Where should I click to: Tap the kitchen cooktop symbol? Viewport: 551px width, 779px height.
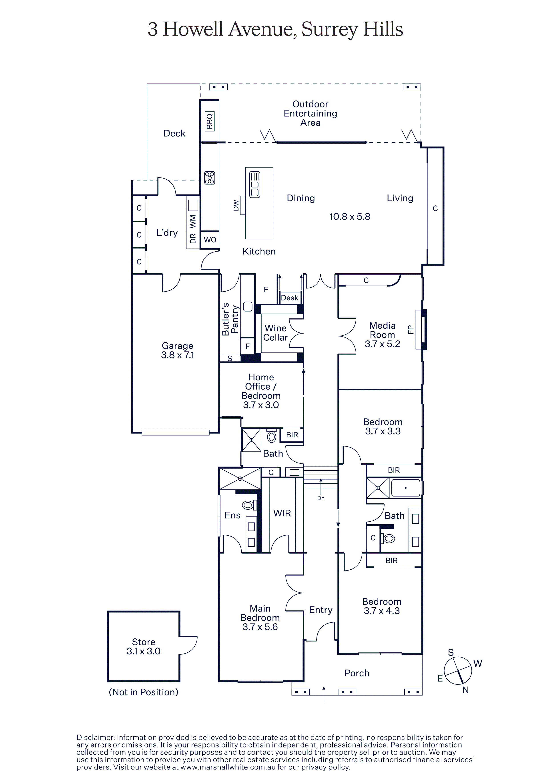pyautogui.click(x=209, y=178)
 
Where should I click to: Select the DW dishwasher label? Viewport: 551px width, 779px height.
pyautogui.click(x=236, y=205)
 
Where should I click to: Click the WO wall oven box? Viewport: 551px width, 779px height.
pyautogui.click(x=210, y=240)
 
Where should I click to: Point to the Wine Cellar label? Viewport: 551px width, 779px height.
pyautogui.click(x=275, y=333)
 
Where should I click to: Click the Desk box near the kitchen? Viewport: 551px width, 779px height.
pyautogui.click(x=290, y=298)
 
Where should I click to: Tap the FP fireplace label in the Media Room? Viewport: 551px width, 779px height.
pyautogui.click(x=411, y=330)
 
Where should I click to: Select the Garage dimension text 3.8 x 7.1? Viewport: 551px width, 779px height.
pyautogui.click(x=178, y=355)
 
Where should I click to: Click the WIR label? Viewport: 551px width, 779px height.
pyautogui.click(x=282, y=513)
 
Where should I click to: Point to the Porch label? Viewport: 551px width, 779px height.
pyautogui.click(x=357, y=673)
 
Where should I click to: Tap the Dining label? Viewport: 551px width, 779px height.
pyautogui.click(x=301, y=198)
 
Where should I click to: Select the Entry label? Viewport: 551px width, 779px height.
pyautogui.click(x=321, y=610)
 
